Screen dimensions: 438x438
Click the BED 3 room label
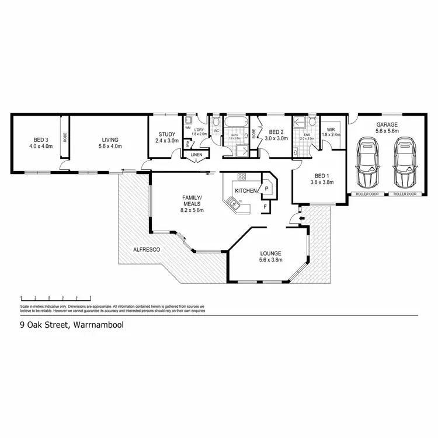pos(40,140)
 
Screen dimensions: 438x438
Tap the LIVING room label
pos(110,140)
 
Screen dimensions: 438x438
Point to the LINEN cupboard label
pos(196,154)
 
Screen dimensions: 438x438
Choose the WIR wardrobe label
pos(331,129)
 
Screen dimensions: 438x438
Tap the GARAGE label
pos(387,124)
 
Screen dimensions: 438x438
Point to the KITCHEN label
pos(245,191)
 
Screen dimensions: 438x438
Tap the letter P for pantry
pos(266,189)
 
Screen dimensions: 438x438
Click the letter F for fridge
pos(265,206)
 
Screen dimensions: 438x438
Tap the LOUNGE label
pos(270,254)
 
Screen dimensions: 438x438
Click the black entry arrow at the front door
pos(301,219)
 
